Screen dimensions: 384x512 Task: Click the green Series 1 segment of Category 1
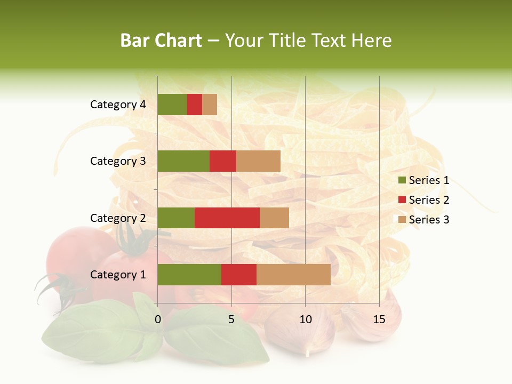(x=189, y=275)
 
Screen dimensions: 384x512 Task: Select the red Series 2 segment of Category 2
(x=227, y=218)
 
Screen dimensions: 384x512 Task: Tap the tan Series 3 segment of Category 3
(x=258, y=161)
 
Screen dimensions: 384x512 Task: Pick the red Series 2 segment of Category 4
(x=195, y=105)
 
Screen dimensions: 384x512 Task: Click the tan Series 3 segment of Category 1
(x=293, y=275)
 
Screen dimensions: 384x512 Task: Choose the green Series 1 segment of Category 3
(x=183, y=161)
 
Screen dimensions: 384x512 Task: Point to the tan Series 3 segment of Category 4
(x=210, y=105)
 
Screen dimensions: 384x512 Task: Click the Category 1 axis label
(x=118, y=275)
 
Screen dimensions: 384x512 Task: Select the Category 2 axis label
(x=118, y=218)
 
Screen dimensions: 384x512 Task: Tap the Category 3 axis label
(x=118, y=161)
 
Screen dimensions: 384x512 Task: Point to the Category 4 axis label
(x=118, y=105)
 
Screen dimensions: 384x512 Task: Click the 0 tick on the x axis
(x=158, y=319)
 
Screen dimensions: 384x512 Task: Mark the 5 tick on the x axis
(x=231, y=319)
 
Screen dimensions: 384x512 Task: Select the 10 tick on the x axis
(x=305, y=319)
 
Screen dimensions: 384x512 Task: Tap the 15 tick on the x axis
(x=379, y=319)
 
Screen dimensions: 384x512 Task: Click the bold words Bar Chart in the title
(x=161, y=41)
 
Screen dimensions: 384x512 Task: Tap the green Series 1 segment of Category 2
(x=176, y=218)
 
